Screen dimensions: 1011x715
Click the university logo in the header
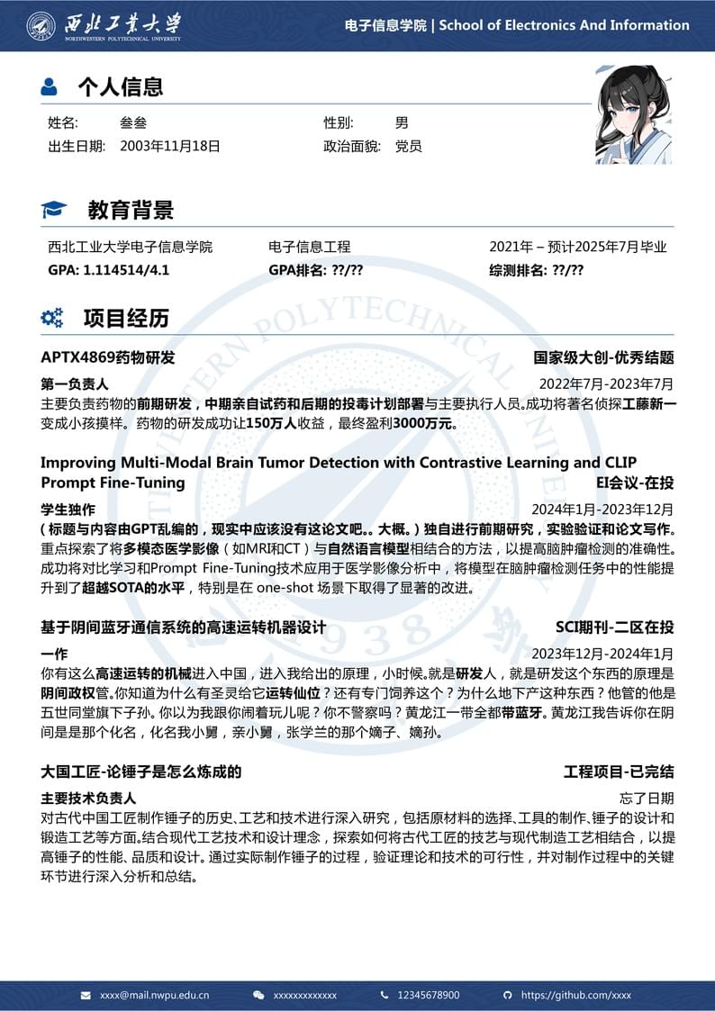(x=41, y=25)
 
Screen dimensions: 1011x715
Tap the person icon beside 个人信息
(x=50, y=87)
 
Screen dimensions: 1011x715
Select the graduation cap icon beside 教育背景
(x=54, y=211)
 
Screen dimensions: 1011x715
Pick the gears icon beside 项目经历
(x=52, y=318)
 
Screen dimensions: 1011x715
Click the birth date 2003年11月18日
(x=169, y=146)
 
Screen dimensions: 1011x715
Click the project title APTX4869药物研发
(x=108, y=357)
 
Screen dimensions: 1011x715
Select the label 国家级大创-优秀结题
(x=603, y=357)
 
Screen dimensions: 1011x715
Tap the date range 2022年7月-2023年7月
(x=606, y=384)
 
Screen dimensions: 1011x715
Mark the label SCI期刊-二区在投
(x=614, y=627)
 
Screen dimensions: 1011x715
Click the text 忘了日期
(x=647, y=798)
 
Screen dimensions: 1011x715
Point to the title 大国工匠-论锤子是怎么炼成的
(x=141, y=772)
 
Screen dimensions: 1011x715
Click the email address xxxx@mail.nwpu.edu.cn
(x=154, y=995)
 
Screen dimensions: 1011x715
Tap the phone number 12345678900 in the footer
(x=429, y=995)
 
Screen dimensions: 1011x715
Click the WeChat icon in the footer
(x=259, y=995)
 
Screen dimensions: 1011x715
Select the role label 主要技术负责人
(x=88, y=798)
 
